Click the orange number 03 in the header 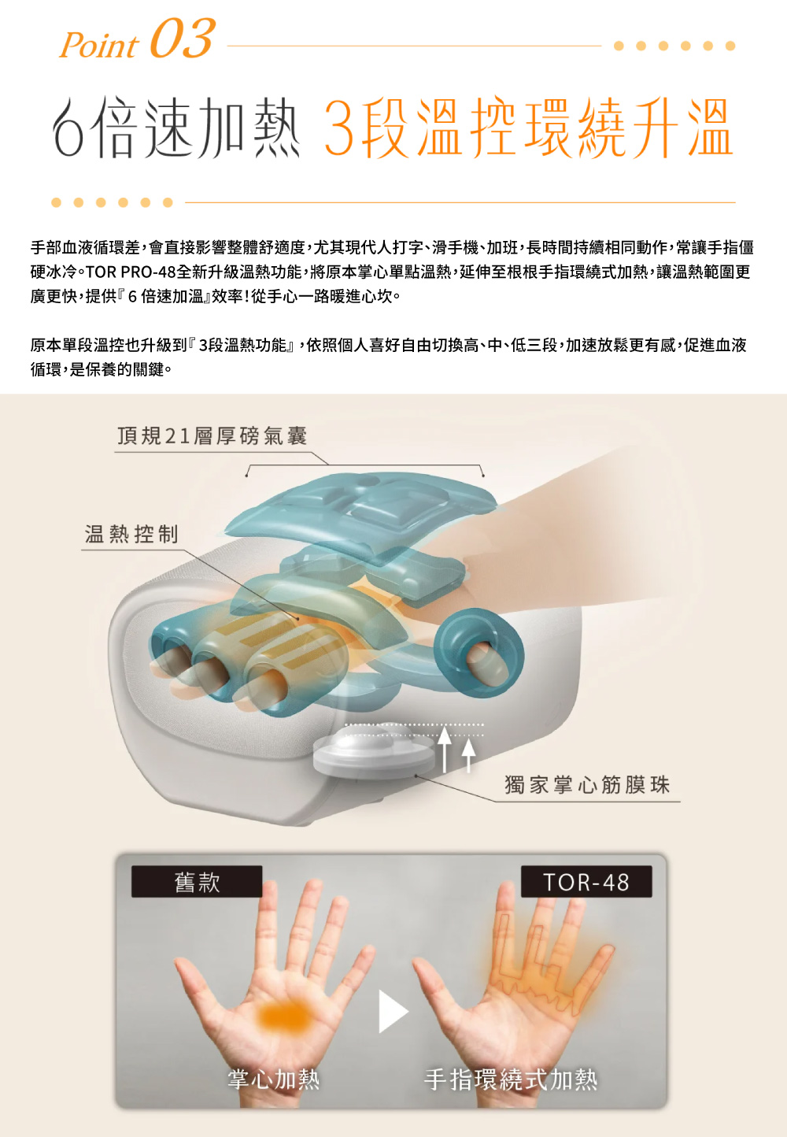tap(181, 39)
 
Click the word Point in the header tap(99, 46)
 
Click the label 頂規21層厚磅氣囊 tap(212, 435)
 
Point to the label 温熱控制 tap(131, 534)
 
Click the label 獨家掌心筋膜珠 tap(587, 784)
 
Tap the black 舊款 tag tap(197, 882)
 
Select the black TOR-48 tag tap(586, 882)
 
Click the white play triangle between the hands tap(391, 1011)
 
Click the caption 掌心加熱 tap(273, 1078)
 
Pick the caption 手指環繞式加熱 tap(511, 1079)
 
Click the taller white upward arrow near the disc tap(445, 747)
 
